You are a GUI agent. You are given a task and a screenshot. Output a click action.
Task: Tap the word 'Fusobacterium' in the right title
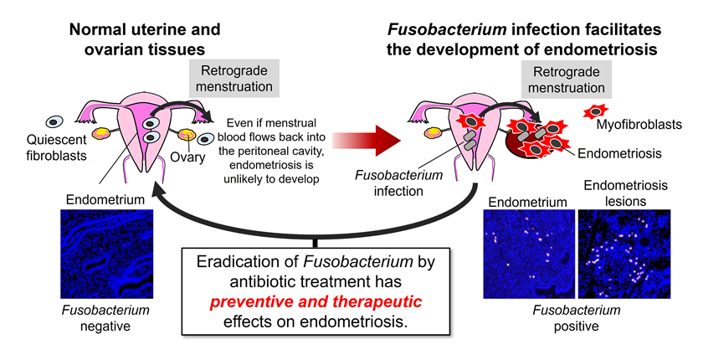(x=436, y=22)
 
